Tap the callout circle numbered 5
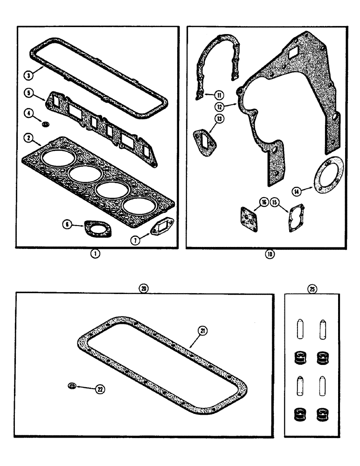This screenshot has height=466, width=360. tap(28, 93)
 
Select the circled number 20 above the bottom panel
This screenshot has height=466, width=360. tap(144, 289)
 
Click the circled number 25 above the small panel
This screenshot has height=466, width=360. tap(312, 289)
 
